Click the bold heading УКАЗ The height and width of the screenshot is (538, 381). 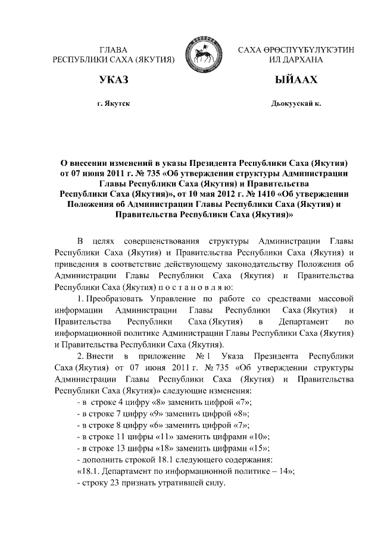click(114, 80)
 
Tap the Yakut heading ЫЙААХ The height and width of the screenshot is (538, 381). click(296, 80)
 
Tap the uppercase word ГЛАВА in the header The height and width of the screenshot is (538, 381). click(114, 50)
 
